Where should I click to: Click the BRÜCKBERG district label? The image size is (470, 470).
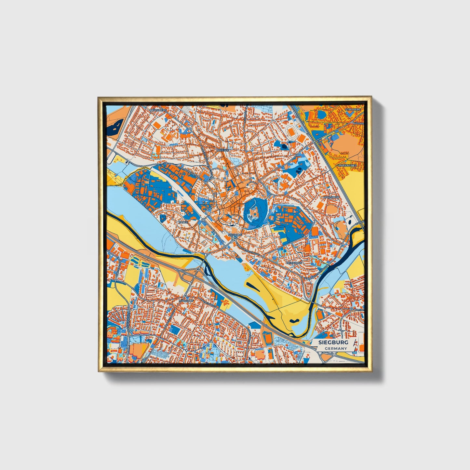[x=158, y=111]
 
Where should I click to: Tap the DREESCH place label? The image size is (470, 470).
[x=223, y=151]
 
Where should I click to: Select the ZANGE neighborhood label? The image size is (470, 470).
[x=183, y=222]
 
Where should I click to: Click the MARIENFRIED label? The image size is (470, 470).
[x=347, y=166]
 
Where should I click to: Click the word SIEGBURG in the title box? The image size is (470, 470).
[x=333, y=342]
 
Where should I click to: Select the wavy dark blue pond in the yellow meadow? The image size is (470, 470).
[x=294, y=320]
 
